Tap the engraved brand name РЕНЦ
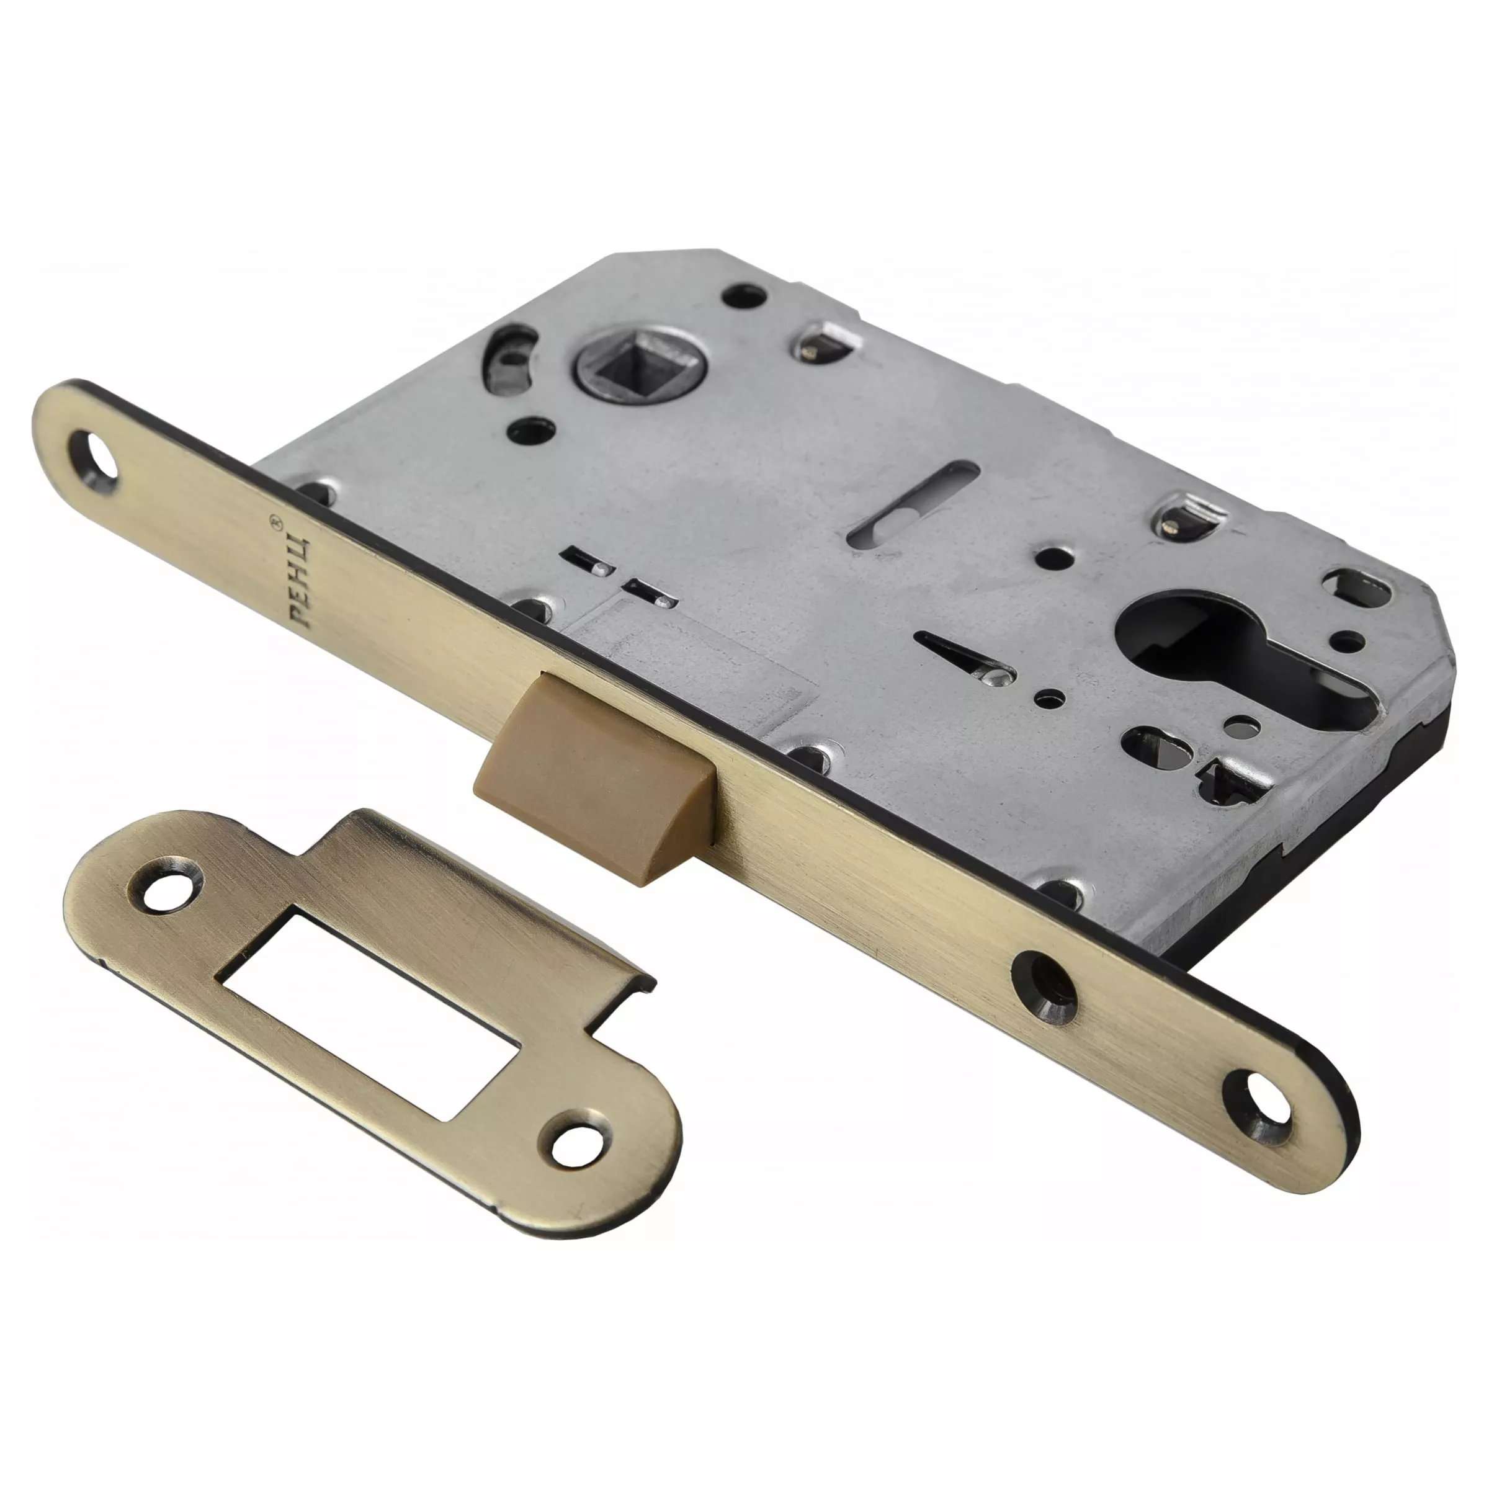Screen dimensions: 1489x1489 302,580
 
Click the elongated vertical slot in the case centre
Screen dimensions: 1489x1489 913,506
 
